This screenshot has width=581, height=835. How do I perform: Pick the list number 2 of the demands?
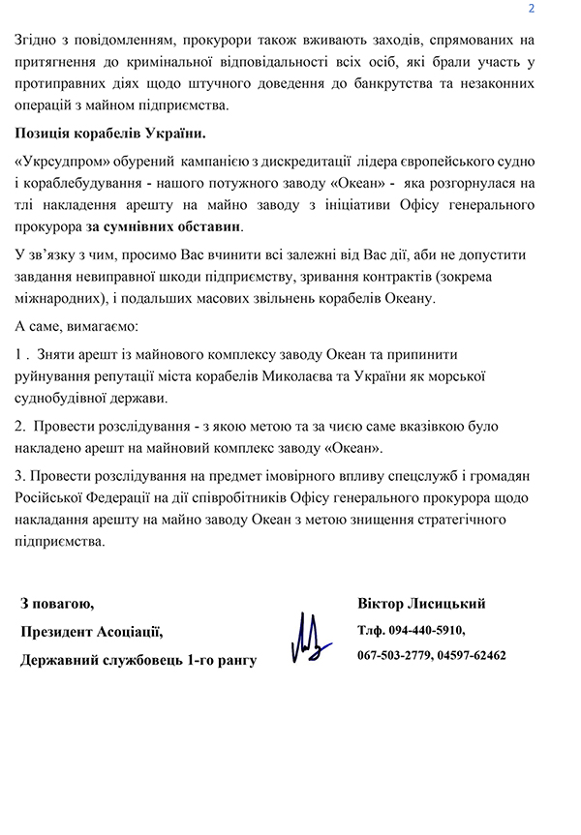pyautogui.click(x=21, y=425)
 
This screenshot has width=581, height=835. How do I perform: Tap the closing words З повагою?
pyautogui.click(x=57, y=604)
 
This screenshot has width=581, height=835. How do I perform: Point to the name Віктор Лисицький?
pyautogui.click(x=421, y=604)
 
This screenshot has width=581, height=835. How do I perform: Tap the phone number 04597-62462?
pyautogui.click(x=472, y=655)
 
